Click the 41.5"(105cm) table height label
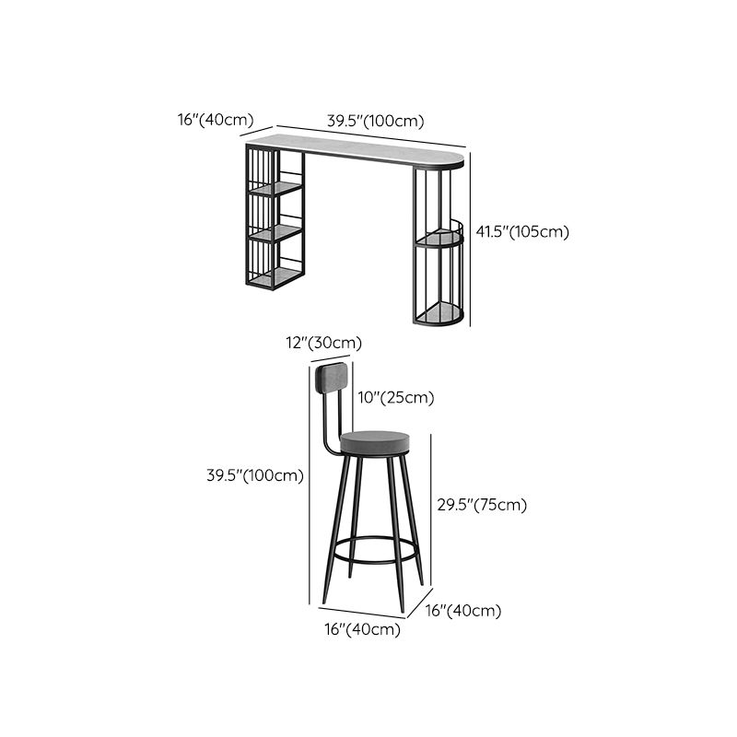pyautogui.click(x=522, y=231)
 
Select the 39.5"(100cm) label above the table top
pyautogui.click(x=376, y=121)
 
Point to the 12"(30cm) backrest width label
pyautogui.click(x=322, y=343)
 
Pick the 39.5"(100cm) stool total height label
pyautogui.click(x=255, y=475)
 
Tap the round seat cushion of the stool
pyautogui.click(x=374, y=442)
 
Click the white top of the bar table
pyautogui.click(x=359, y=147)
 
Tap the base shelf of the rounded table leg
pyautogui.click(x=437, y=317)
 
